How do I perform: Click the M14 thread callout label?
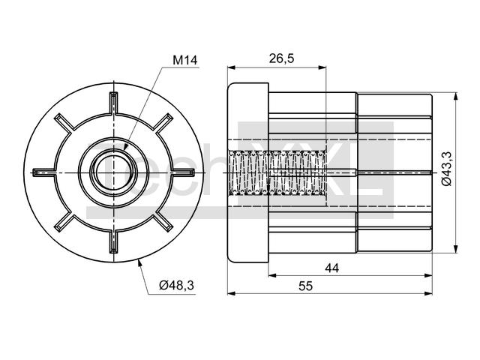[185, 60]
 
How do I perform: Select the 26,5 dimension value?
[281, 58]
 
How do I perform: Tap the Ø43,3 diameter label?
[447, 168]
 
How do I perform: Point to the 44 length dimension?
[331, 268]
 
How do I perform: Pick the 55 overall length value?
[305, 286]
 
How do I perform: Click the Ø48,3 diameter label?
[177, 285]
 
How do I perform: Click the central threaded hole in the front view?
[113, 172]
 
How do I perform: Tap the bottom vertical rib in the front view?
[113, 241]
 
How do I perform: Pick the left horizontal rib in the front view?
[43, 172]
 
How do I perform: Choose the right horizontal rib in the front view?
[183, 172]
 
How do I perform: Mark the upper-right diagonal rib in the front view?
[163, 123]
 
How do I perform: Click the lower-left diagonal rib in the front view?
[64, 223]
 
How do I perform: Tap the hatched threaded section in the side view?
[277, 172]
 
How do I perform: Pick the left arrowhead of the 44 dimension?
[273, 275]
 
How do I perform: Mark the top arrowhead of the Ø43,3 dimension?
[456, 97]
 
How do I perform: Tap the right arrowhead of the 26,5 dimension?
[322, 67]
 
